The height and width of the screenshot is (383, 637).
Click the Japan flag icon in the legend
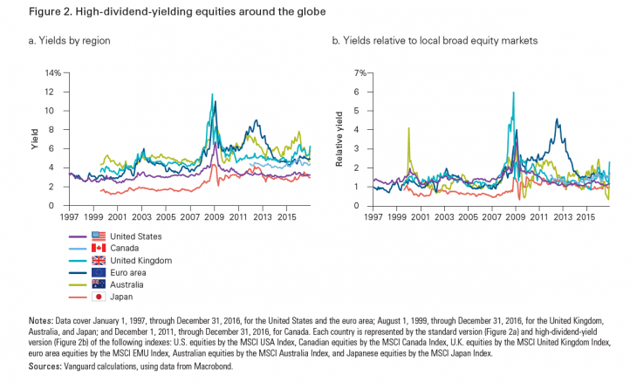(x=98, y=296)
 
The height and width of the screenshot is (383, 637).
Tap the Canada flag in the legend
(x=98, y=248)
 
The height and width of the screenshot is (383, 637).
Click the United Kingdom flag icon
(x=98, y=260)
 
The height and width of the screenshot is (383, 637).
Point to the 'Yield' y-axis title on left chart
(x=36, y=140)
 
